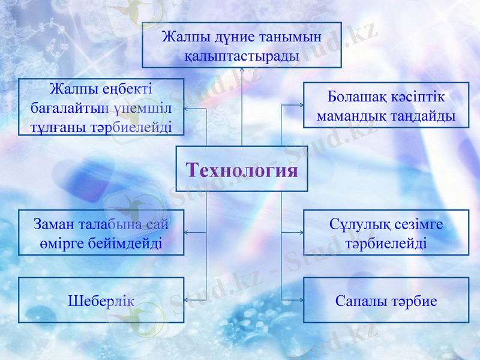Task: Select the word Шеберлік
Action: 101,301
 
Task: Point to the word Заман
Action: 53,224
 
